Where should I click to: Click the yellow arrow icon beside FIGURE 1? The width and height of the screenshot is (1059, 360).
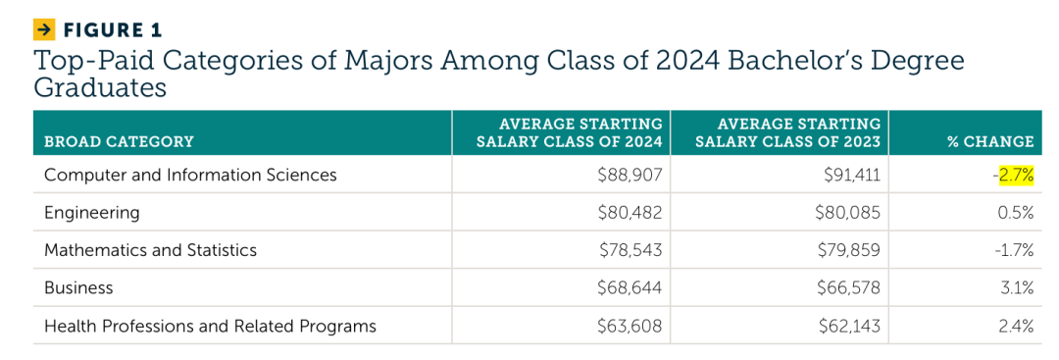[43, 29]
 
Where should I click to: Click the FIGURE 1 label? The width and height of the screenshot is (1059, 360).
[112, 30]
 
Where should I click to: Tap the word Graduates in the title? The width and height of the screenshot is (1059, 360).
[100, 88]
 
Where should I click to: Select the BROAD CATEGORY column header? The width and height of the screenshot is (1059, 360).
[119, 142]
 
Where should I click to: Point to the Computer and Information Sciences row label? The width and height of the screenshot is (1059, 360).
[190, 175]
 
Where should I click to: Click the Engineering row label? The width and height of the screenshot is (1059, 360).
[92, 214]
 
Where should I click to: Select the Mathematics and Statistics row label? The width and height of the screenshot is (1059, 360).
[151, 250]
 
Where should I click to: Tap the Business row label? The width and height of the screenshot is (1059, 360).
[78, 288]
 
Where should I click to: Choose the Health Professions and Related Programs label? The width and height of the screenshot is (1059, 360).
[210, 327]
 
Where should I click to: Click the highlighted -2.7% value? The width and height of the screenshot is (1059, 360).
[1013, 176]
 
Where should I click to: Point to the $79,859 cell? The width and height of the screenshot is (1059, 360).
[849, 250]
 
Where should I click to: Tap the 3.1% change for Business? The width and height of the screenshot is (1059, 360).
[1018, 288]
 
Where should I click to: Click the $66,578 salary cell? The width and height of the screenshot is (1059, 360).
[849, 288]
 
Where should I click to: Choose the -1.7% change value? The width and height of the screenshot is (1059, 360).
[1015, 250]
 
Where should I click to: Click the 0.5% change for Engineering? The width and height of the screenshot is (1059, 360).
[1017, 214]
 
